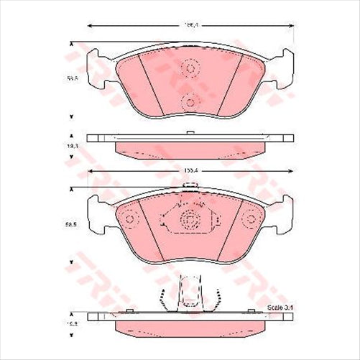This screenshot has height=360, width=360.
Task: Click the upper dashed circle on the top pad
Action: (x=191, y=68)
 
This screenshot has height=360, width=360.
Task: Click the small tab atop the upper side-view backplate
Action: (x=188, y=133)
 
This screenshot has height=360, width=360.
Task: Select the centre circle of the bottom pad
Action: (x=190, y=221)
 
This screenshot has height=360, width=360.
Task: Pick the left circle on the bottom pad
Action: (x=129, y=218)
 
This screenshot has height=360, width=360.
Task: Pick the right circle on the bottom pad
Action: (x=249, y=218)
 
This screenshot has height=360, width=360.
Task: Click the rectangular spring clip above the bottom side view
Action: (x=189, y=292)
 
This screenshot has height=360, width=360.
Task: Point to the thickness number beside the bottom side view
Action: (x=72, y=325)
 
